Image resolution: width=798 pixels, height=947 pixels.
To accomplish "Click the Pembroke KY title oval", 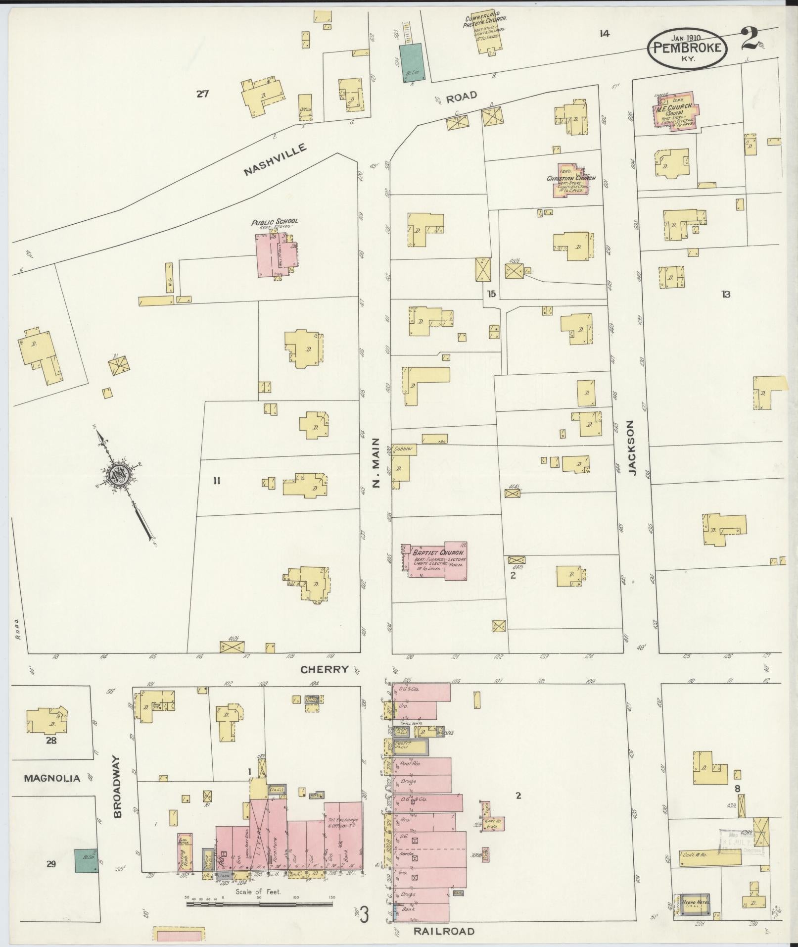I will (x=688, y=49).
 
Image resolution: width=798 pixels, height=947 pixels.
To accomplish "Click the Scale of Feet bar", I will (x=260, y=903).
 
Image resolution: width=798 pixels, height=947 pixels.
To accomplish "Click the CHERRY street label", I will (x=325, y=669).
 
